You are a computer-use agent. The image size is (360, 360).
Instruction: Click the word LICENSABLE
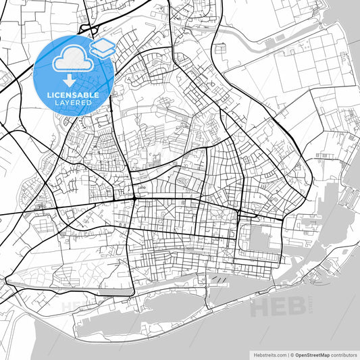tap(72, 95)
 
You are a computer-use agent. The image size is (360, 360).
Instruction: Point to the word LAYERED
tap(72, 103)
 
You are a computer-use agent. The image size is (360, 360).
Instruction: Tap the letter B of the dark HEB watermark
tap(297, 307)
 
